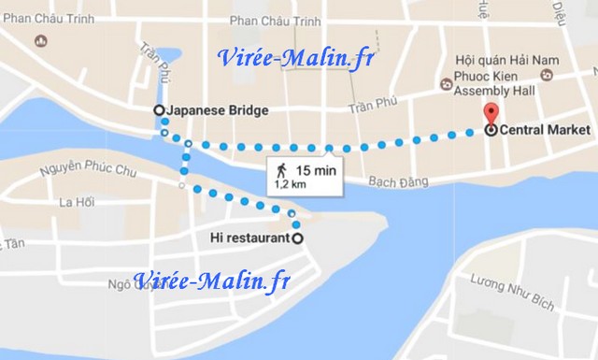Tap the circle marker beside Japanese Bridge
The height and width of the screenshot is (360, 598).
pyautogui.click(x=158, y=110)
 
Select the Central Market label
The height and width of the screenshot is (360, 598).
pyautogui.click(x=545, y=131)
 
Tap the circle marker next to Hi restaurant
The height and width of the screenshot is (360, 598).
pyautogui.click(x=298, y=238)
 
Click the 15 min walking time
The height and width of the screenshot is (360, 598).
pyautogui.click(x=315, y=170)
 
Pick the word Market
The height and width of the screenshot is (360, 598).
pyautogui.click(x=569, y=131)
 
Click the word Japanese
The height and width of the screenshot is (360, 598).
pyautogui.click(x=194, y=110)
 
